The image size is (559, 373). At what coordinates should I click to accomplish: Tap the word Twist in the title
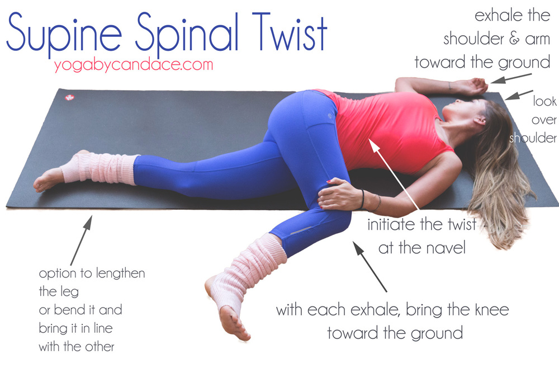(x=290, y=31)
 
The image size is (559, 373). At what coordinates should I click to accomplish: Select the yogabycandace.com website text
(x=134, y=65)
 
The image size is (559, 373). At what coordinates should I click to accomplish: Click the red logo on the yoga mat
(x=69, y=97)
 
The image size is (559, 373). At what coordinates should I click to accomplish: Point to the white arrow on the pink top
(x=394, y=174)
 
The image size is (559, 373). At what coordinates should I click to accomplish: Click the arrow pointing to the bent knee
(x=369, y=266)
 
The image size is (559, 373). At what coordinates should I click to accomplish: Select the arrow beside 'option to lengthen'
(x=81, y=240)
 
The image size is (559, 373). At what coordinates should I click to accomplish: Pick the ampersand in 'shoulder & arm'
(x=514, y=39)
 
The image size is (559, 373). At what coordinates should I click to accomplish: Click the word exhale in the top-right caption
(x=498, y=15)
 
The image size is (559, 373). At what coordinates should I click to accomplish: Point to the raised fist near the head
(x=476, y=86)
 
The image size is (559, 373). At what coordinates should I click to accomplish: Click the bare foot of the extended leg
(x=49, y=177)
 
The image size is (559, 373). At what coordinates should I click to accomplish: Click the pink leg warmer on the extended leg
(x=100, y=169)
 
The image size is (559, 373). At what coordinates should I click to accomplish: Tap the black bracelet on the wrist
(x=363, y=199)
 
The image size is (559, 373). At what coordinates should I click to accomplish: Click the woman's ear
(x=480, y=120)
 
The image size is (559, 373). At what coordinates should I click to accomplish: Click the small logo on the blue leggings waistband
(x=330, y=116)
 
